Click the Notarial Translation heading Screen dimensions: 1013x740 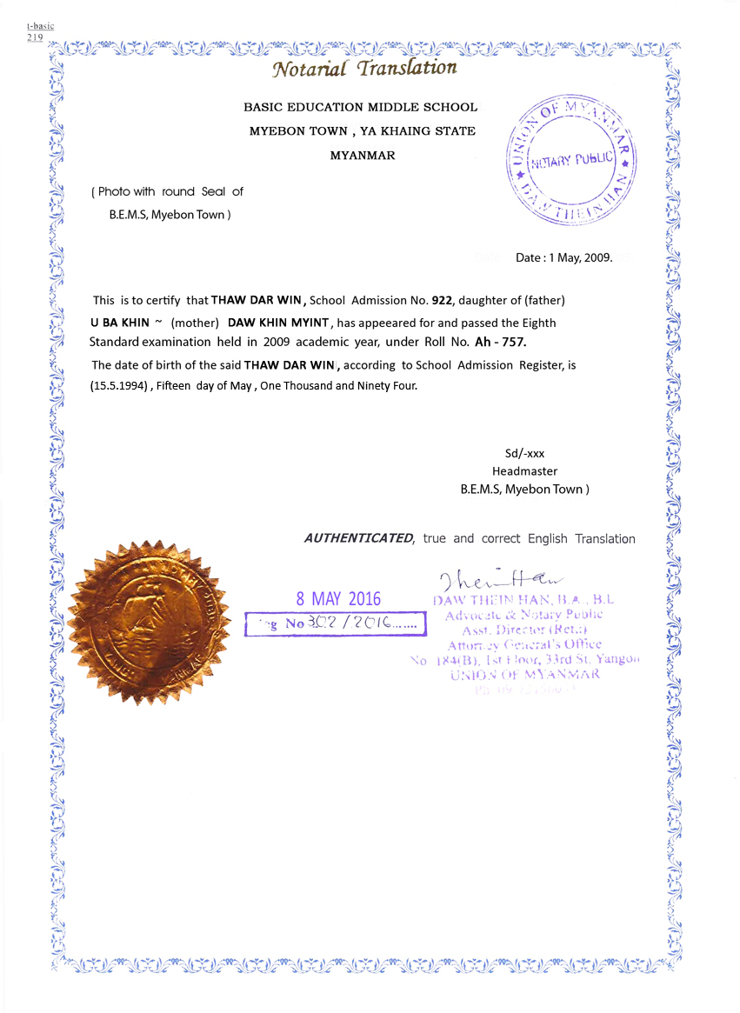(363, 68)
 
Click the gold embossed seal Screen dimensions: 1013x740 (148, 622)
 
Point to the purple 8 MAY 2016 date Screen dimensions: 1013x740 (338, 598)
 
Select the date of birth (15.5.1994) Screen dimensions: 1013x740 (121, 385)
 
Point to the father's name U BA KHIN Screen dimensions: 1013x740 (120, 322)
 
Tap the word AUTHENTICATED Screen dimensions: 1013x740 (358, 538)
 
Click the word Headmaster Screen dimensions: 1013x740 (524, 471)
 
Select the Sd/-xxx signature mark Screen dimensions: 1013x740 (524, 453)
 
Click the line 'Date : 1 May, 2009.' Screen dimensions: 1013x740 (564, 258)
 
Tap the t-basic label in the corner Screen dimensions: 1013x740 (40, 26)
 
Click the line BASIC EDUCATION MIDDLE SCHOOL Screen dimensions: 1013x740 (360, 107)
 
